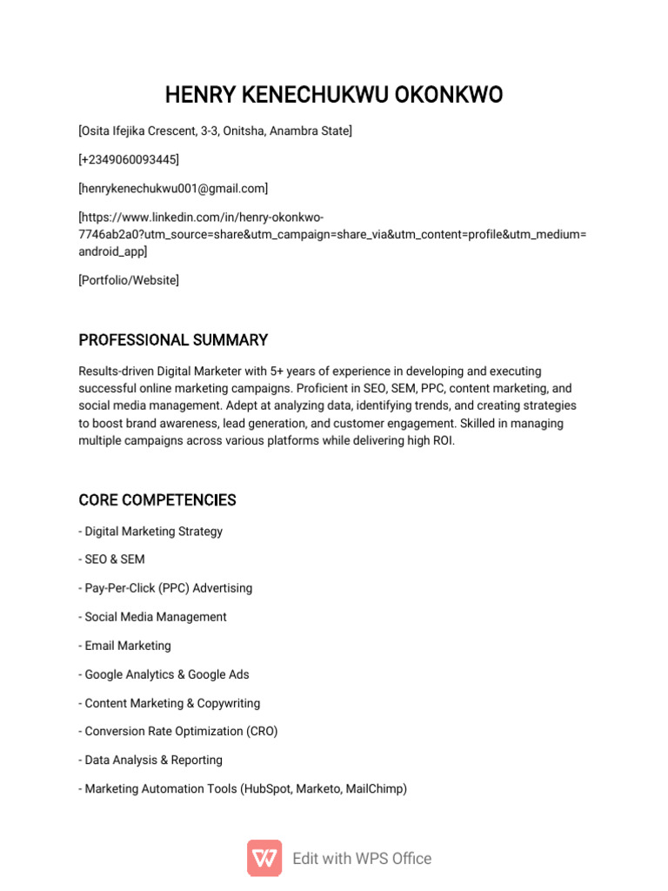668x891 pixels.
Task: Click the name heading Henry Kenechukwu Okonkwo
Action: click(x=334, y=95)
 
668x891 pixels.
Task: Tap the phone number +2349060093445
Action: click(x=129, y=159)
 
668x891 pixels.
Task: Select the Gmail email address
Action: click(x=173, y=188)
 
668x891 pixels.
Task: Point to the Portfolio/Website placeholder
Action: click(x=129, y=280)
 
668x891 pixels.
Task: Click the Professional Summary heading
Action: click(x=173, y=339)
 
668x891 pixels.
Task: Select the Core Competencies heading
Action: click(x=157, y=500)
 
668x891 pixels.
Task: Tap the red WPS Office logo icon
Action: click(x=264, y=858)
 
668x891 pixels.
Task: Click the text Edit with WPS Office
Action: click(x=362, y=858)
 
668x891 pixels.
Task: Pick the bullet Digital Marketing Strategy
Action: click(x=153, y=531)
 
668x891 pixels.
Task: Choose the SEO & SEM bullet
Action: click(x=114, y=559)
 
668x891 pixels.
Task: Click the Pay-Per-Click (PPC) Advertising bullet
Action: click(x=168, y=588)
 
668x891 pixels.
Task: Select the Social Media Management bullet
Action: click(x=155, y=617)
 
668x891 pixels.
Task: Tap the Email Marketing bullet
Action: click(x=127, y=646)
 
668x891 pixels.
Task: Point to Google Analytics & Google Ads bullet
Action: click(x=166, y=674)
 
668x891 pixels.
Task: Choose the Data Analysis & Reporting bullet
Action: click(x=153, y=760)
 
